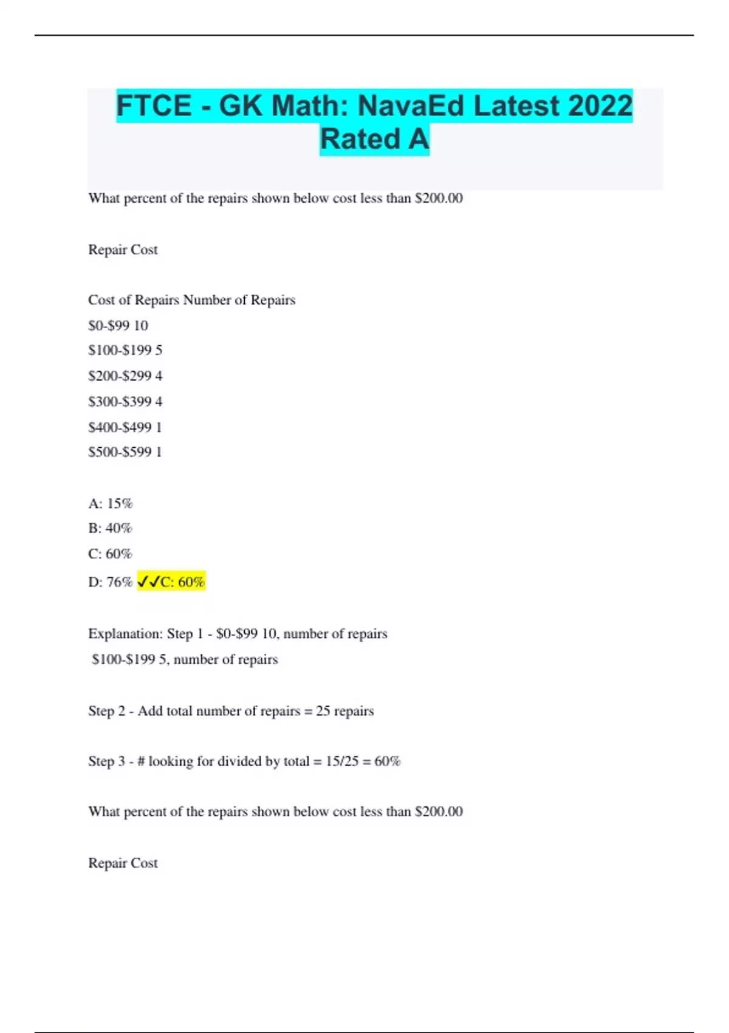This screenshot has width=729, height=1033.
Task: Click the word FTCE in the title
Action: (x=154, y=106)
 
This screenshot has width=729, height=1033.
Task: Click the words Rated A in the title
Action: (x=374, y=139)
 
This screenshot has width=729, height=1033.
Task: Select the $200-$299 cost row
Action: (x=125, y=376)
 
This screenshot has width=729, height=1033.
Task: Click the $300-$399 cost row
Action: (x=125, y=402)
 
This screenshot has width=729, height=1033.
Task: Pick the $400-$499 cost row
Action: (x=125, y=427)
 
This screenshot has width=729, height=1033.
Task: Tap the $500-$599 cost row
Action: (x=125, y=452)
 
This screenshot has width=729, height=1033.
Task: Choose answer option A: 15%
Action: (x=111, y=504)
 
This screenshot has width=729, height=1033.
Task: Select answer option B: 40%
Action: (x=111, y=529)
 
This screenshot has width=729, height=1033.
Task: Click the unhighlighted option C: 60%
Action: (x=111, y=554)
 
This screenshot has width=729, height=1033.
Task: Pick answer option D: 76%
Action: (x=111, y=582)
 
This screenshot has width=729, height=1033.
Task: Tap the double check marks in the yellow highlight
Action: (x=149, y=582)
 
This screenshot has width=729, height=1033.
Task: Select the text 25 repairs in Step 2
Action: (x=344, y=711)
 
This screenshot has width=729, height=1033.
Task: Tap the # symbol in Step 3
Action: (x=141, y=761)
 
